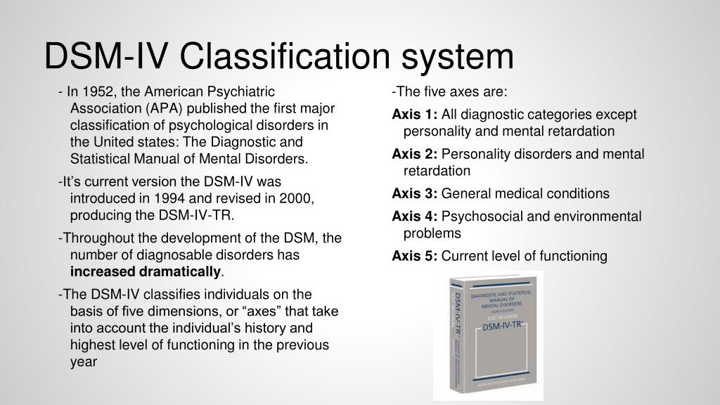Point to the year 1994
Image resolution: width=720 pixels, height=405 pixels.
pos(163,198)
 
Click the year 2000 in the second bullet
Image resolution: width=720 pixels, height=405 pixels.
pos(296,198)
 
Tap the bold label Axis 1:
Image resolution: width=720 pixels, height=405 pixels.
pos(415,115)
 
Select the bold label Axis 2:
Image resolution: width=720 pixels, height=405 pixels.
pos(415,154)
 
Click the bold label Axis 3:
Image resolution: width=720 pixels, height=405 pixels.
pos(415,193)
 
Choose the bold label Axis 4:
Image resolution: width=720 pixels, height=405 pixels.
pos(415,217)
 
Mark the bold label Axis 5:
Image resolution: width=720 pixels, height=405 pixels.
pos(415,256)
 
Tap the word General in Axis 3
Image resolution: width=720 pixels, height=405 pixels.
pos(464,193)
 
